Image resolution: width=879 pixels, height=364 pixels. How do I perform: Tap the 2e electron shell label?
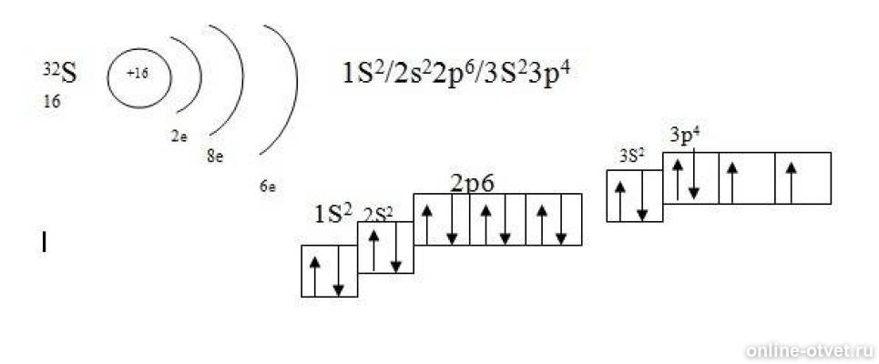(179, 137)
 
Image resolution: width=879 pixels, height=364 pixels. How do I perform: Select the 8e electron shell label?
(215, 157)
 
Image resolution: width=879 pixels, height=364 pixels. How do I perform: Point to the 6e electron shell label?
(268, 187)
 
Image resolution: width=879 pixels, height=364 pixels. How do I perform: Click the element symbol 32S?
(60, 74)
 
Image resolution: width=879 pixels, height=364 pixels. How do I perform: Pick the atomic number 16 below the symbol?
(52, 102)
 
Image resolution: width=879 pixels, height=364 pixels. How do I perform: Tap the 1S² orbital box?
(330, 271)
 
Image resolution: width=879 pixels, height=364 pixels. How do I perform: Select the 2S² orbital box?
(385, 248)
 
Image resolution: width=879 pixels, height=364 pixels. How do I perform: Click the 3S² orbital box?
(635, 196)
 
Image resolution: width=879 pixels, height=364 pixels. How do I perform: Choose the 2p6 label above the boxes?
(473, 183)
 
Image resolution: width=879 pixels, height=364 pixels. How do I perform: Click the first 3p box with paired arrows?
(690, 178)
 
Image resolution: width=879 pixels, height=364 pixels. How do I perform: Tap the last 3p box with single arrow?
(802, 178)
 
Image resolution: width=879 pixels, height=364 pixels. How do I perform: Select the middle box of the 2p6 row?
(498, 219)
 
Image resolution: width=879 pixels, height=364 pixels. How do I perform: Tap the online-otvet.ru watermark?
(810, 350)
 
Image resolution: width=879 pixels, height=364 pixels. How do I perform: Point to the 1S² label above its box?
(333, 215)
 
